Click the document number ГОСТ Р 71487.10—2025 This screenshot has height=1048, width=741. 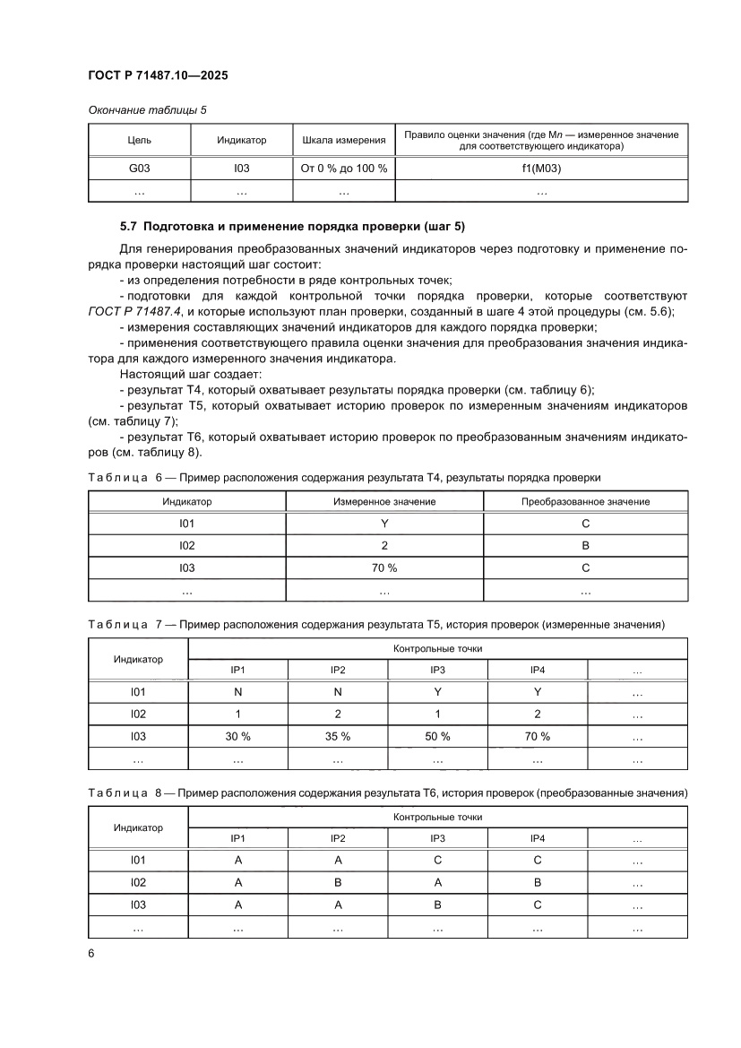tap(158, 76)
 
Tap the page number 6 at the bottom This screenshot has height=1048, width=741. tap(91, 953)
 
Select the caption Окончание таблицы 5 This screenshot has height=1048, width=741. tap(147, 110)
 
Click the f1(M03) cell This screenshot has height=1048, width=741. tap(541, 168)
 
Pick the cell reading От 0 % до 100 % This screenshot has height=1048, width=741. tap(344, 168)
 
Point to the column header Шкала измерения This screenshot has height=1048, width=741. tap(344, 140)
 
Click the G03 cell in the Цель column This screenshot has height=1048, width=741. tap(140, 168)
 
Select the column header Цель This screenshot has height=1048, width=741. tap(140, 140)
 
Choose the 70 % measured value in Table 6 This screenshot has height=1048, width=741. tap(383, 567)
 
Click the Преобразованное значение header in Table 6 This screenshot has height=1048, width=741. tap(585, 501)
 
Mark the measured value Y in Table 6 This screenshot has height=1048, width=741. tap(383, 524)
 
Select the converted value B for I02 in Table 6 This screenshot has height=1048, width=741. tap(585, 545)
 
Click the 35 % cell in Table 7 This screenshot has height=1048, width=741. tap(338, 736)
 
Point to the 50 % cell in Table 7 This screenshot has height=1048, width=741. tap(437, 736)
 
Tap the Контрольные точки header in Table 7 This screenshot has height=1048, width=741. tap(437, 648)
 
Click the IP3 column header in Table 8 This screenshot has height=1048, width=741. tap(437, 838)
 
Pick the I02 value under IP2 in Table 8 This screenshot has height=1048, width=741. tap(338, 882)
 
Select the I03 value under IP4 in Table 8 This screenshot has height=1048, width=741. tap(538, 905)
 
